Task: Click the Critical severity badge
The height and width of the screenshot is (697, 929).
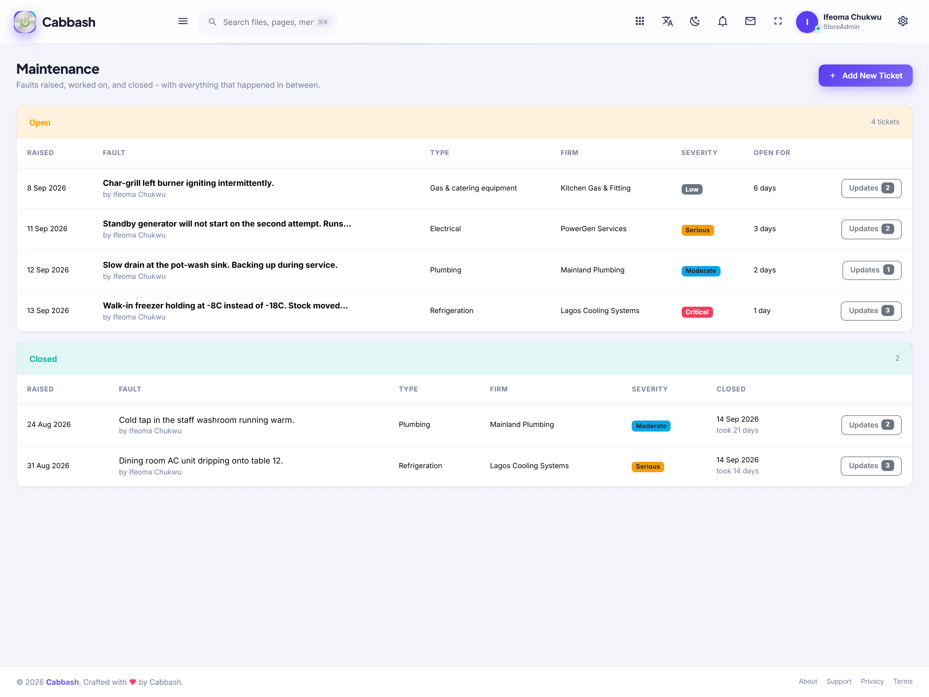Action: pos(697,312)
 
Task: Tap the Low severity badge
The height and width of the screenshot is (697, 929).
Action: pos(692,189)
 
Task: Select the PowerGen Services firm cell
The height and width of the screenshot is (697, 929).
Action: pos(593,229)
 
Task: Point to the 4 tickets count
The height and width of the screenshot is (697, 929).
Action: pos(885,122)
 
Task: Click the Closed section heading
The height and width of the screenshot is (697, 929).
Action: pos(43,359)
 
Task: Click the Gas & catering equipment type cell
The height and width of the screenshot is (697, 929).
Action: pos(473,188)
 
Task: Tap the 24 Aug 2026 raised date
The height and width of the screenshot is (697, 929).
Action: pos(49,424)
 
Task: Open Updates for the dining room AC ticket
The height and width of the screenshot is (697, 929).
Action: pos(871,466)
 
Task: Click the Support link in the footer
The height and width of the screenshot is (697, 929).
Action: pos(839,681)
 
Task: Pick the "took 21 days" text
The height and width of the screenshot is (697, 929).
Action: pos(737,430)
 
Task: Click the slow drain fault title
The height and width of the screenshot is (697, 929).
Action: pos(220,265)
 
